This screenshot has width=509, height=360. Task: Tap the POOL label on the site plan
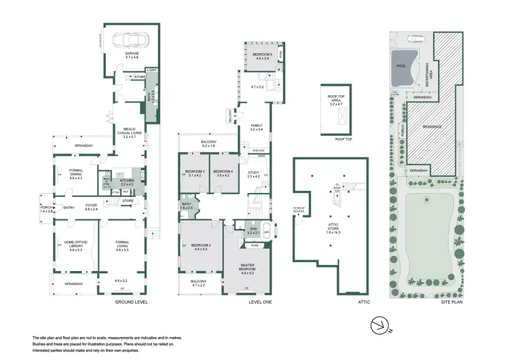pyautogui.click(x=399, y=67)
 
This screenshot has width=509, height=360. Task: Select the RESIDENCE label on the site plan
pyautogui.click(x=433, y=126)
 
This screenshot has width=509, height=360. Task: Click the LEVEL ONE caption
pyautogui.click(x=259, y=302)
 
